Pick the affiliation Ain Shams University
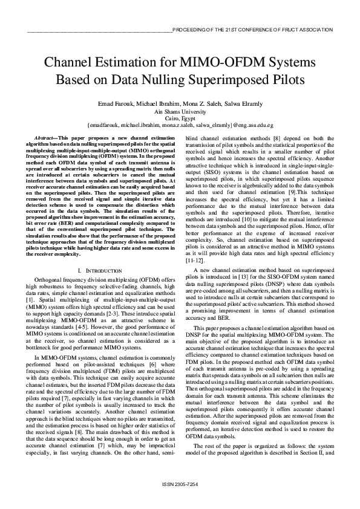180,112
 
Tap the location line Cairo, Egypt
180,119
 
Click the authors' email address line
180,126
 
